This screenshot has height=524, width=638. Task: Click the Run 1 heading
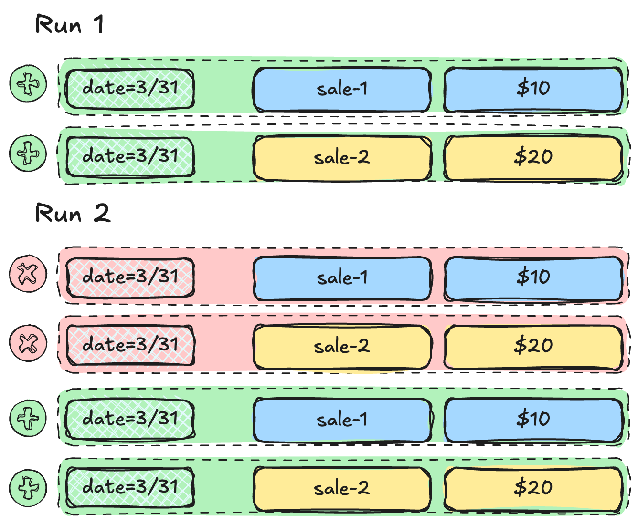coord(69,24)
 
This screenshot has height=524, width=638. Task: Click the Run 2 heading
coord(73,213)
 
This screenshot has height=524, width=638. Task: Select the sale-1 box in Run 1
coord(342,89)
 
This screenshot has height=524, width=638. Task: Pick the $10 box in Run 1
coord(533,89)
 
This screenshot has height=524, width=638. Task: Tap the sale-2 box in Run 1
coord(342,158)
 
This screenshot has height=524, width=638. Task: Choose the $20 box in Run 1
coord(533,158)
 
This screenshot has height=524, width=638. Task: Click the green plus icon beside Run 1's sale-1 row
coord(28,83)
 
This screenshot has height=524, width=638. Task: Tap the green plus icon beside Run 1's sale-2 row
coord(28,153)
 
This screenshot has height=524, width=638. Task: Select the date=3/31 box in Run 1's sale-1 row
coord(130,89)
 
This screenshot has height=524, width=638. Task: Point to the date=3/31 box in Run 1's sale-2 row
coord(130,157)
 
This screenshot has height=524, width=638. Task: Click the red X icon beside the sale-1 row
coord(28,273)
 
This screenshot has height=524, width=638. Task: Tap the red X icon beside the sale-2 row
coord(28,343)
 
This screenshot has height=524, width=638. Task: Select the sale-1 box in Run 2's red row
coord(342,278)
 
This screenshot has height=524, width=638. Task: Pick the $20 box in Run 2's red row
coord(533,347)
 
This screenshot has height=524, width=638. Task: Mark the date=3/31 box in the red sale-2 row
coord(130,345)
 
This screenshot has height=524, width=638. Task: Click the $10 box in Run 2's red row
coord(533,278)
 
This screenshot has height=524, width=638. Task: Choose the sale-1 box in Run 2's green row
coord(342,421)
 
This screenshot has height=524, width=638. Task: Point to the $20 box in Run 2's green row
coord(533,489)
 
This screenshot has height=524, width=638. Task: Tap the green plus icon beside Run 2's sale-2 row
coord(28,488)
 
